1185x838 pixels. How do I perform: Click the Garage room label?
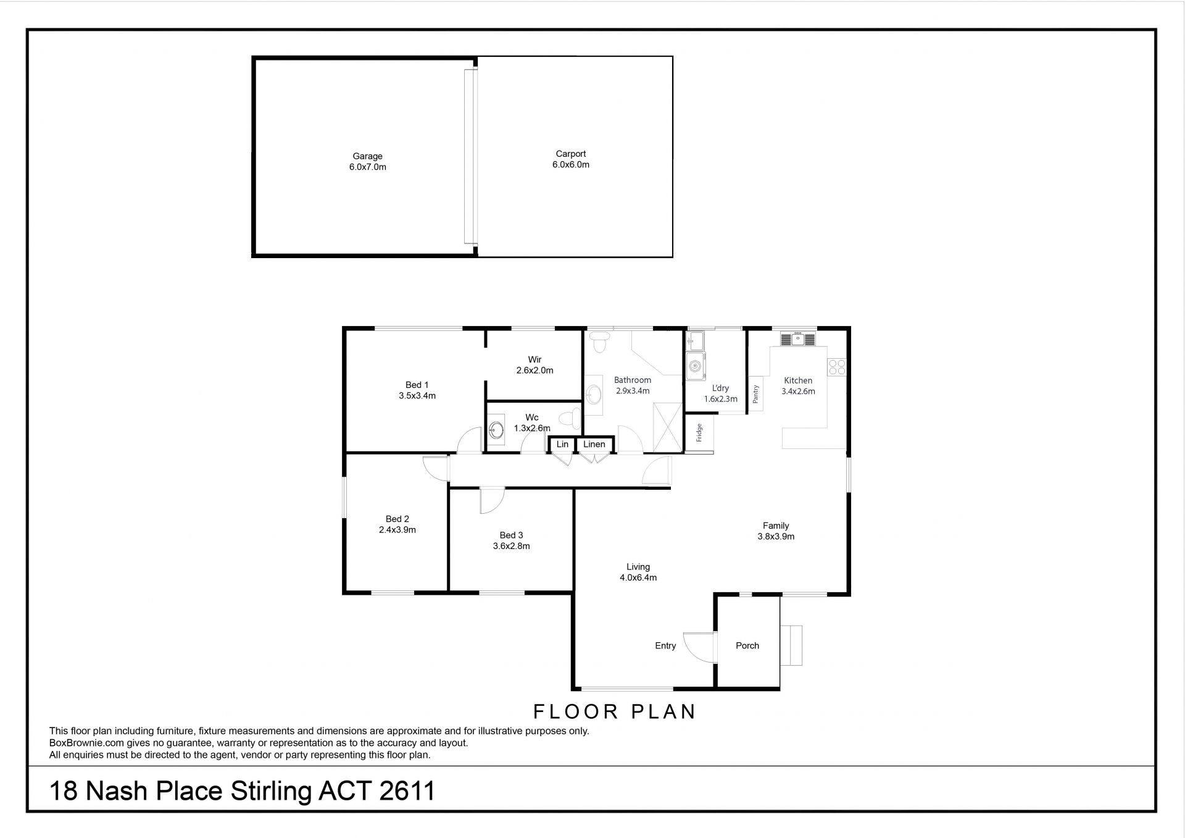tap(368, 156)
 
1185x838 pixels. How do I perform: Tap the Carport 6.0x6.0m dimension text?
tap(571, 165)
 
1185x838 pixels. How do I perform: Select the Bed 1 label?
tap(417, 385)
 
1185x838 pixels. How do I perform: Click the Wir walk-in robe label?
tap(534, 359)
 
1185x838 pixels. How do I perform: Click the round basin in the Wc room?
tap(496, 430)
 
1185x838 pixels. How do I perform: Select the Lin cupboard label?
tap(562, 444)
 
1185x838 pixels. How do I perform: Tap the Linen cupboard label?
tap(594, 444)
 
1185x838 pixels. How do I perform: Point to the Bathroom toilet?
tap(599, 341)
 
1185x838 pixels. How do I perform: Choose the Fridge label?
tap(699, 433)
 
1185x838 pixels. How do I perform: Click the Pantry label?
tap(755, 394)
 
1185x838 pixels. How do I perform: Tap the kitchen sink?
tap(798, 338)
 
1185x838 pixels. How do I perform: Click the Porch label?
tap(747, 645)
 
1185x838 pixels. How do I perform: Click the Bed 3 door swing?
tap(493, 500)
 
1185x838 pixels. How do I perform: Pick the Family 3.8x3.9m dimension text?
tap(776, 537)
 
